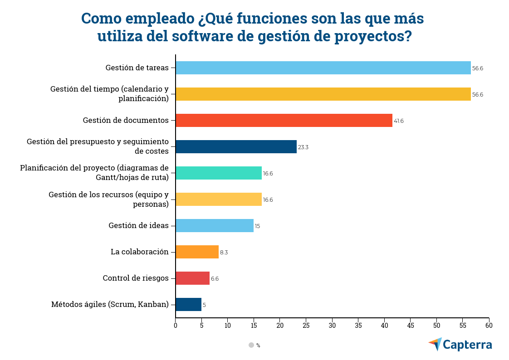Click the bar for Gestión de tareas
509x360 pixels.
[x=323, y=68]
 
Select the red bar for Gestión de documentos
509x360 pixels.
[x=284, y=121]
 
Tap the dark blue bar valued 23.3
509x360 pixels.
[x=236, y=147]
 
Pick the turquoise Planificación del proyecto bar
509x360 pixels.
[x=218, y=173]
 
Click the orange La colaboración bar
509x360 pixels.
[x=197, y=252]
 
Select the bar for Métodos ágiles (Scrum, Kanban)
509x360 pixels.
[x=188, y=305]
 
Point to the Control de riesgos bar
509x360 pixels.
[x=192, y=278]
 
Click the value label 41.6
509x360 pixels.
[x=399, y=121]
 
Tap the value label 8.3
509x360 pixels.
[x=224, y=253]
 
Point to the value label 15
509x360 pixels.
[x=257, y=226]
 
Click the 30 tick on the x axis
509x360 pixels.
[x=332, y=325]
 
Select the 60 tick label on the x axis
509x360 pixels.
[x=489, y=325]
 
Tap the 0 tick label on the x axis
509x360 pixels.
[x=176, y=325]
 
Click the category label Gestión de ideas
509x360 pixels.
[x=138, y=226]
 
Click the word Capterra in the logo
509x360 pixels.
[x=467, y=345]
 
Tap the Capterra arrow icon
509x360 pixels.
[x=435, y=344]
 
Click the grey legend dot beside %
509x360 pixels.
[x=251, y=345]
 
